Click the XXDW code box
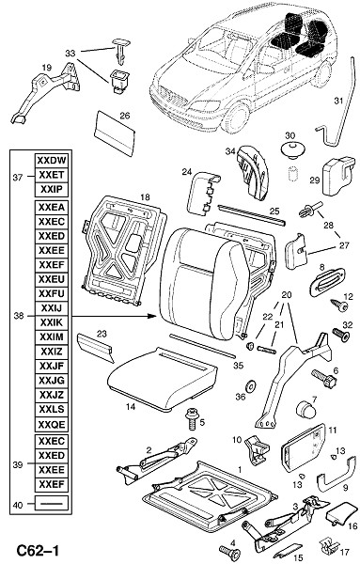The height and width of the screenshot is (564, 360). [52, 161]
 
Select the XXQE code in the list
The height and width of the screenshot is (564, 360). [52, 425]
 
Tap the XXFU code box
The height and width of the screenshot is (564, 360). [52, 294]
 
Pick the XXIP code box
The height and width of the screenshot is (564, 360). [52, 189]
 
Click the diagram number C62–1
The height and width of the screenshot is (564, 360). [38, 551]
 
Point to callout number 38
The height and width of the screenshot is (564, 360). [19, 316]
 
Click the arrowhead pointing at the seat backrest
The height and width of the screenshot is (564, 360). [153, 316]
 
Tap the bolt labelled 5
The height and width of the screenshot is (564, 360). [192, 419]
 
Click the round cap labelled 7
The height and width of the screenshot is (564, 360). [305, 409]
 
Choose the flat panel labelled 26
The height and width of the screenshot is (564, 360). [115, 133]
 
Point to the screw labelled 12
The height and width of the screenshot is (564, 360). [339, 306]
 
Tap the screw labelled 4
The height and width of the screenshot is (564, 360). [230, 552]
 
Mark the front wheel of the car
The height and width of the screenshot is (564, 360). [236, 117]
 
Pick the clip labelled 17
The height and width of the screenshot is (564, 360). [329, 546]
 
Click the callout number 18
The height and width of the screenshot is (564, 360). [145, 197]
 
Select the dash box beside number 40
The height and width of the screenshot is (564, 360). [52, 504]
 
